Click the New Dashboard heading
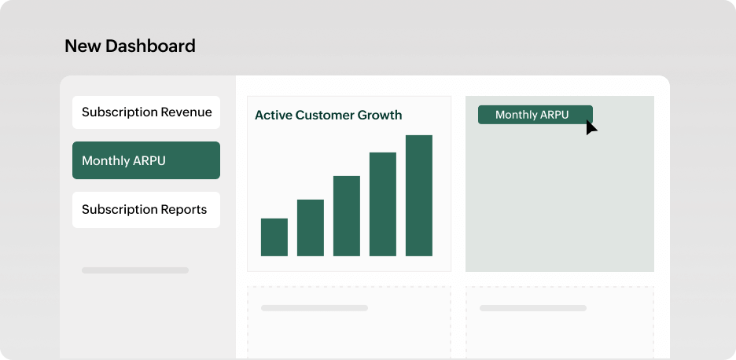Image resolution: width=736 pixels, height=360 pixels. (130, 46)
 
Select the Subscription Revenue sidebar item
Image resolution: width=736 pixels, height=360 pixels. (146, 112)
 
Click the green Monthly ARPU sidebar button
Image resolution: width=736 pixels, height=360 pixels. (146, 160)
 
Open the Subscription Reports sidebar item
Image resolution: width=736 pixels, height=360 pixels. (146, 210)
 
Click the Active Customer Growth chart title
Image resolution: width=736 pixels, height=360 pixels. (328, 116)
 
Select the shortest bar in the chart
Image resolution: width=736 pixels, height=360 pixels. (274, 237)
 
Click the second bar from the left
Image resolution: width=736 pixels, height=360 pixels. (311, 228)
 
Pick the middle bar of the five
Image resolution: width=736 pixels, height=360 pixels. (347, 216)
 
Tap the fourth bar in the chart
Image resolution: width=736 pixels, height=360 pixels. (383, 204)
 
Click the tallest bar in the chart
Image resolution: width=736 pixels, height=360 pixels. (419, 196)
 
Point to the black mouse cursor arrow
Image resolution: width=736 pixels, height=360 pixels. (591, 127)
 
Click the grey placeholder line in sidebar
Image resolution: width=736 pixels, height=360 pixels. (135, 270)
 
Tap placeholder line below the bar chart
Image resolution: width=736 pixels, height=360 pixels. (315, 308)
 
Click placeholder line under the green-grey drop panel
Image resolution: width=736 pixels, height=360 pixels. (533, 308)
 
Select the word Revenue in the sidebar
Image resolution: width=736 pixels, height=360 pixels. (186, 112)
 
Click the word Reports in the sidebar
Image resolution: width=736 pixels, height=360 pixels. (182, 210)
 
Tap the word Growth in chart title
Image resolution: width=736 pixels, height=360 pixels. (380, 116)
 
